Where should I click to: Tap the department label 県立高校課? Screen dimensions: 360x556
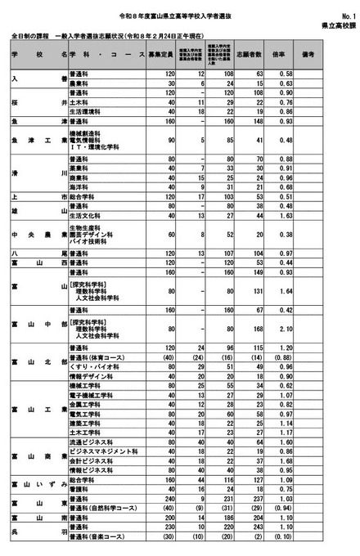[337, 25]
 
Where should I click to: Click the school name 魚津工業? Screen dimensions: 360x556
[38, 139]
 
